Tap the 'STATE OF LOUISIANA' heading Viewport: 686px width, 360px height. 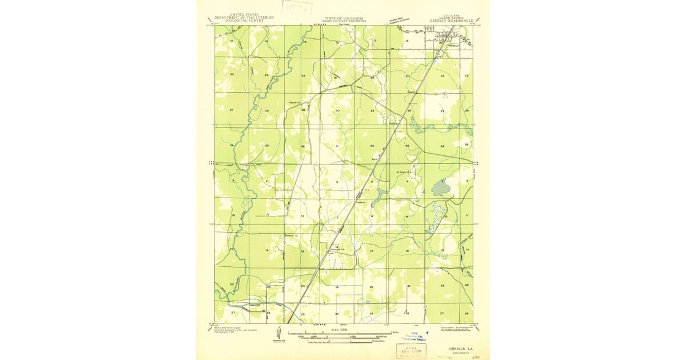click(343, 17)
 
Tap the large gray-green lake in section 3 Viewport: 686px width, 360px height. click(441, 188)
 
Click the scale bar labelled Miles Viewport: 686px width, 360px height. click(343, 333)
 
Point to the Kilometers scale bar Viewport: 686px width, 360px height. click(343, 341)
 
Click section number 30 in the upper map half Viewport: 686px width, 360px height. click(338, 110)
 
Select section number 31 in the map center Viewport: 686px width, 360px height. click(338, 146)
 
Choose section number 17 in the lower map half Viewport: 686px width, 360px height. click(372, 251)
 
